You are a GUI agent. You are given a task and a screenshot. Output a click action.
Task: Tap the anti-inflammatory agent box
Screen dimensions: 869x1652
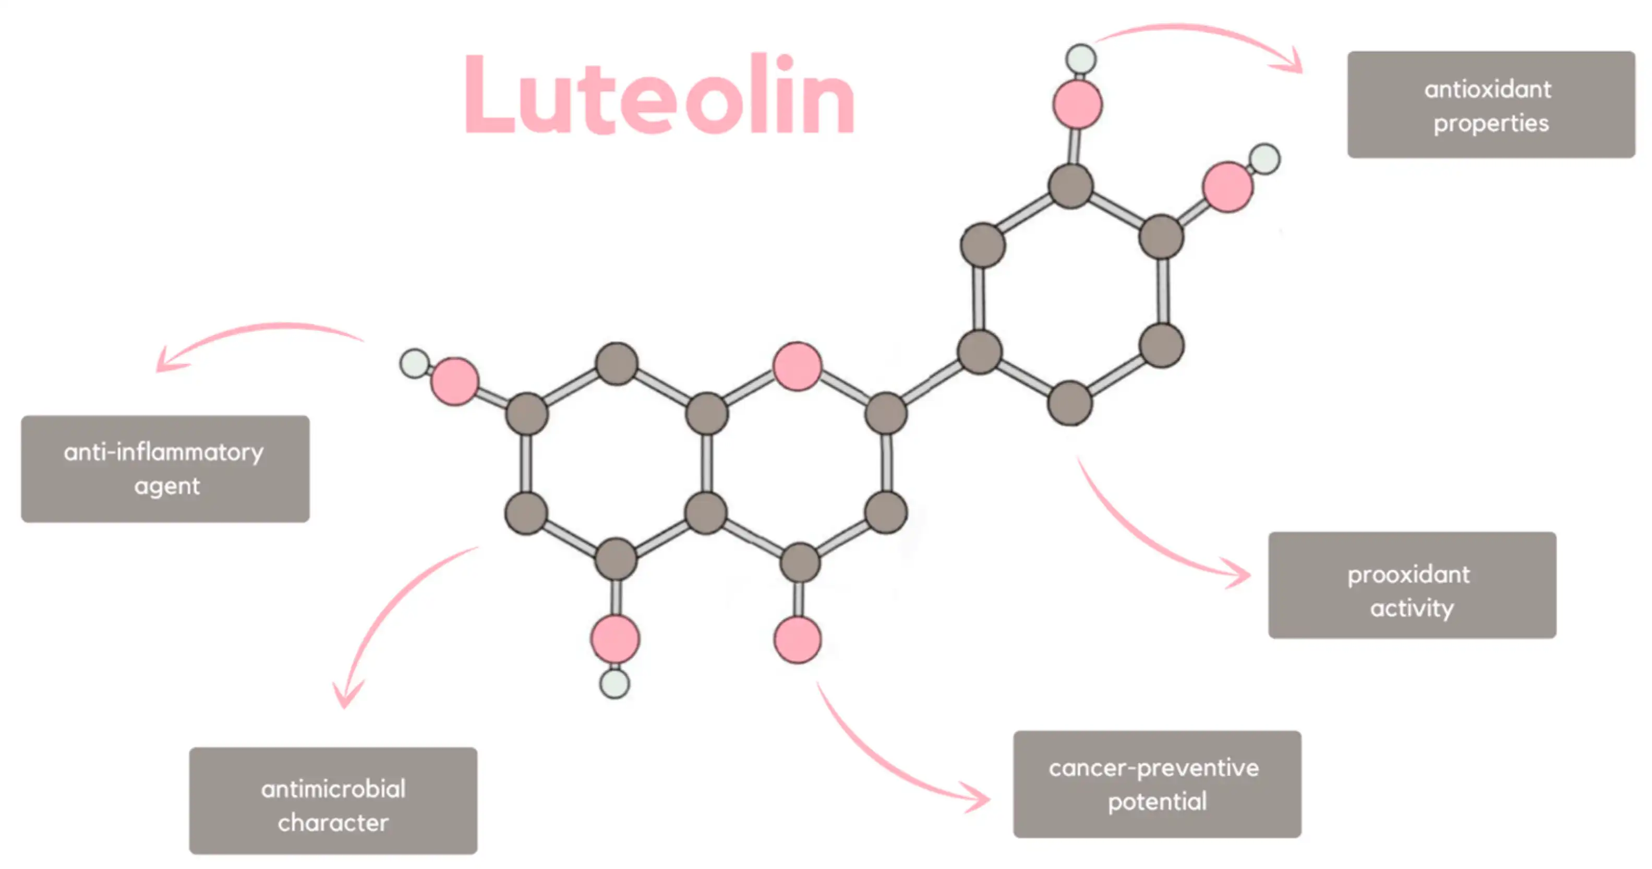[x=165, y=469]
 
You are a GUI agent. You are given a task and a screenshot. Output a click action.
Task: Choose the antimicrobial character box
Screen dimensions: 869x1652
[x=333, y=800]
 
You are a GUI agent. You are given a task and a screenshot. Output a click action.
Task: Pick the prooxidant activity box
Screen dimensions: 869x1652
[x=1412, y=585]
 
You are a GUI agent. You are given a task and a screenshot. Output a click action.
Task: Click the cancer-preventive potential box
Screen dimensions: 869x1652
[x=1156, y=783]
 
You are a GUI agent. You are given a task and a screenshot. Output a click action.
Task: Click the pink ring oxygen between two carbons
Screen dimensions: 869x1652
[x=797, y=366]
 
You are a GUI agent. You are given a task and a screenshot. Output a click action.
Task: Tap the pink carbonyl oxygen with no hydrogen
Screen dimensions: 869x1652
[x=797, y=639]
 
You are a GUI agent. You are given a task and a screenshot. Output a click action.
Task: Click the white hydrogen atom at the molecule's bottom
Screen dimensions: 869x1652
[x=614, y=684]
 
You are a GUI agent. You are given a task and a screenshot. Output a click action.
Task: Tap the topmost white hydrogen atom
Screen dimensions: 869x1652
[x=1081, y=58]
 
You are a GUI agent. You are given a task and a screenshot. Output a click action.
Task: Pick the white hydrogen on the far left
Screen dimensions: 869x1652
[x=414, y=364]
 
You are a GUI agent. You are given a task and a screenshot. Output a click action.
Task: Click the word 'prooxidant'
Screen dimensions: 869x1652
[x=1408, y=575]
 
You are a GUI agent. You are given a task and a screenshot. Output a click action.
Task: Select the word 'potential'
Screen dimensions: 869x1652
[x=1157, y=802]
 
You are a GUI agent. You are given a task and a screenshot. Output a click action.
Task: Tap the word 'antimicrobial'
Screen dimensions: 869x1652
[x=333, y=789]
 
